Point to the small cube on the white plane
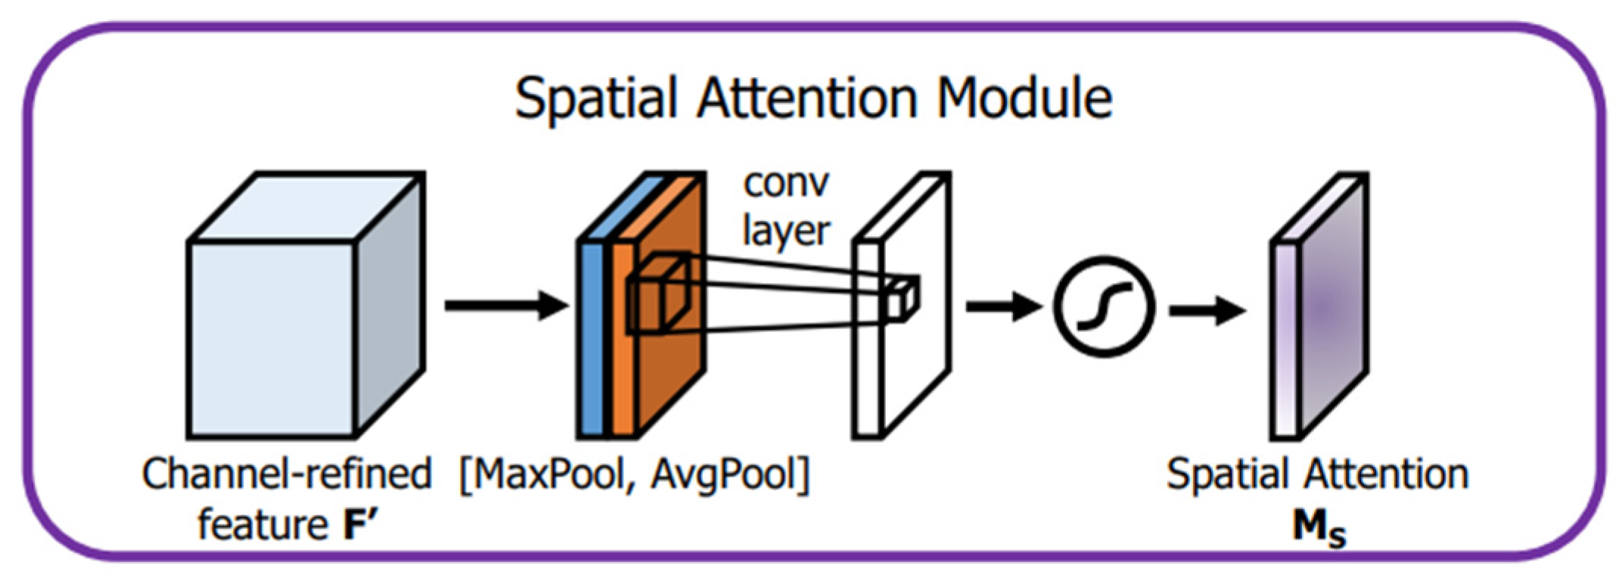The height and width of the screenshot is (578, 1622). (902, 298)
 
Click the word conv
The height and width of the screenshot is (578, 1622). (787, 185)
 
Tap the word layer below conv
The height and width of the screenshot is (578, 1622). (787, 232)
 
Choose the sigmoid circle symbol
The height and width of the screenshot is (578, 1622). (1104, 306)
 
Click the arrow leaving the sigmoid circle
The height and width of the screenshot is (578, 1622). (1206, 309)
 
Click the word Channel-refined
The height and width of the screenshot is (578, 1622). (286, 475)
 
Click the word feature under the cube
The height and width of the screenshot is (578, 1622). (262, 524)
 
